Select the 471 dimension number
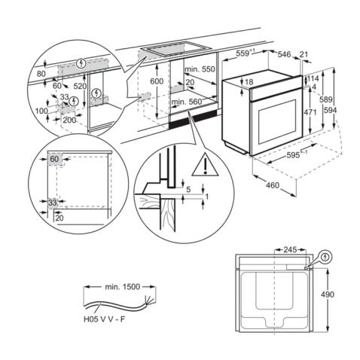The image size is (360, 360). [310, 111]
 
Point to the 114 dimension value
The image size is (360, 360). [313, 79]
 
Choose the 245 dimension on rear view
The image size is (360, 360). [285, 248]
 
